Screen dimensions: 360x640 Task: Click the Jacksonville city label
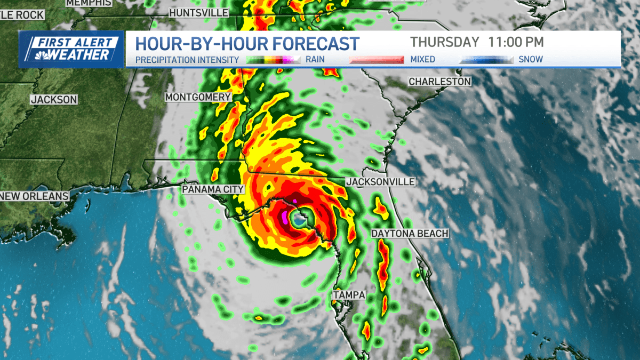click(x=380, y=182)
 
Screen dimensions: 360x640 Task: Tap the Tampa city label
click(x=349, y=295)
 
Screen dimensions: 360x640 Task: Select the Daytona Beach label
click(x=410, y=234)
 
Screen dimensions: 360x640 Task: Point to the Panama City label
click(x=213, y=189)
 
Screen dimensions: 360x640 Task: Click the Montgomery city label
click(x=198, y=97)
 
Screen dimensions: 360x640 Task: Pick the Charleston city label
click(x=439, y=82)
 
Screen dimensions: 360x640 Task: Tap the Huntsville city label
click(x=198, y=12)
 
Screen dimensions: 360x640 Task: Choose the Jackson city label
click(x=54, y=99)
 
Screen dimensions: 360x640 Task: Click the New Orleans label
click(x=35, y=196)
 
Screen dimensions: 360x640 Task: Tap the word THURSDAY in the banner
click(x=445, y=42)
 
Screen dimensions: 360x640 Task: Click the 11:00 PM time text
click(x=516, y=42)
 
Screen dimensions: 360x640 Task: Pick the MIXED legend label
click(x=423, y=60)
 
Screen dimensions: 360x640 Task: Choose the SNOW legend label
click(x=531, y=60)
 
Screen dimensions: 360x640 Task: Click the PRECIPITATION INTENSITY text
click(x=187, y=60)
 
